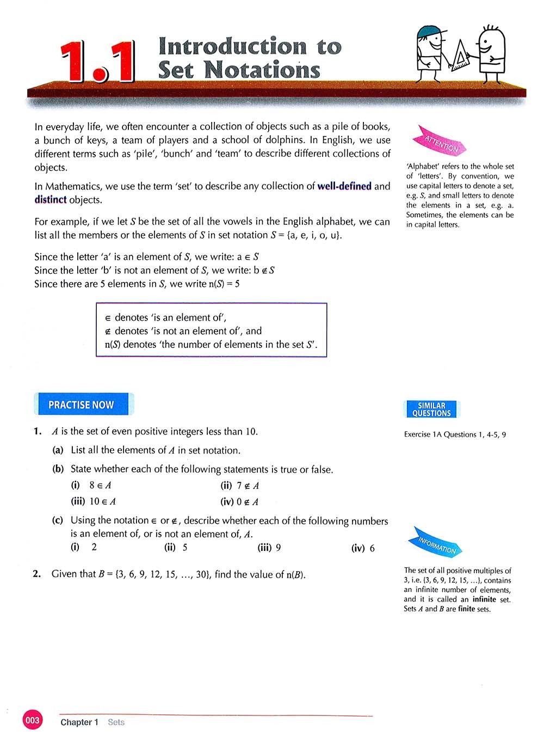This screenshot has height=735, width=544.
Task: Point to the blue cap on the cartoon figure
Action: point(427,33)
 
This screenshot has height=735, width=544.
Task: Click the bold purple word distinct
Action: point(50,200)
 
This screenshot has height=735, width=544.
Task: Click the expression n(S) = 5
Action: point(224,284)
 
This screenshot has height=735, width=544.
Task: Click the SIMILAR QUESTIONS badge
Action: point(431,409)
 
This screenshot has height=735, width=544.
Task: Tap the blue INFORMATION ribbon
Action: point(438,541)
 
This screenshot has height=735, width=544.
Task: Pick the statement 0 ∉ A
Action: point(248,502)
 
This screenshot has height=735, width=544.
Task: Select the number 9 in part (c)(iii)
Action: point(278,548)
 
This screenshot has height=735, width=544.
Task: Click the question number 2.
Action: point(37,574)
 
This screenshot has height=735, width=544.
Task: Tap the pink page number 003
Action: point(32,721)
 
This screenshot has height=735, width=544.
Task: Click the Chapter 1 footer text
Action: point(79,722)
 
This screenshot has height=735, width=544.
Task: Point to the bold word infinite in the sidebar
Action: point(484,599)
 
